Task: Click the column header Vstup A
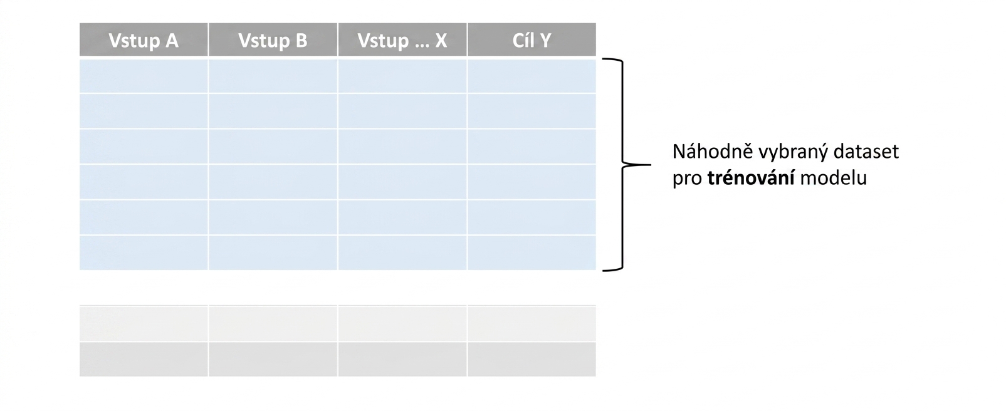[x=144, y=40]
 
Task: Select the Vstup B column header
[x=273, y=40]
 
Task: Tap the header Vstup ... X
[x=402, y=40]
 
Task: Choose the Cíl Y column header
[x=532, y=40]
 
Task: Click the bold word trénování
[x=751, y=178]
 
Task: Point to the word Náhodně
[x=712, y=151]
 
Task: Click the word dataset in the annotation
[x=866, y=151]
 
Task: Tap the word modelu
[x=834, y=178]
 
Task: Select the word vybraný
[x=793, y=152]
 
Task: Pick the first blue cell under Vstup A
[x=144, y=76]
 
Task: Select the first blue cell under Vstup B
[x=273, y=76]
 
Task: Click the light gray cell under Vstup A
[x=144, y=323]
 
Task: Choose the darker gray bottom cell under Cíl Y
[x=532, y=360]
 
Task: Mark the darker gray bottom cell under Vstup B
[x=273, y=360]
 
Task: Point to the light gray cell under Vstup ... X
[x=402, y=323]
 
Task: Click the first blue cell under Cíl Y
[x=532, y=76]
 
